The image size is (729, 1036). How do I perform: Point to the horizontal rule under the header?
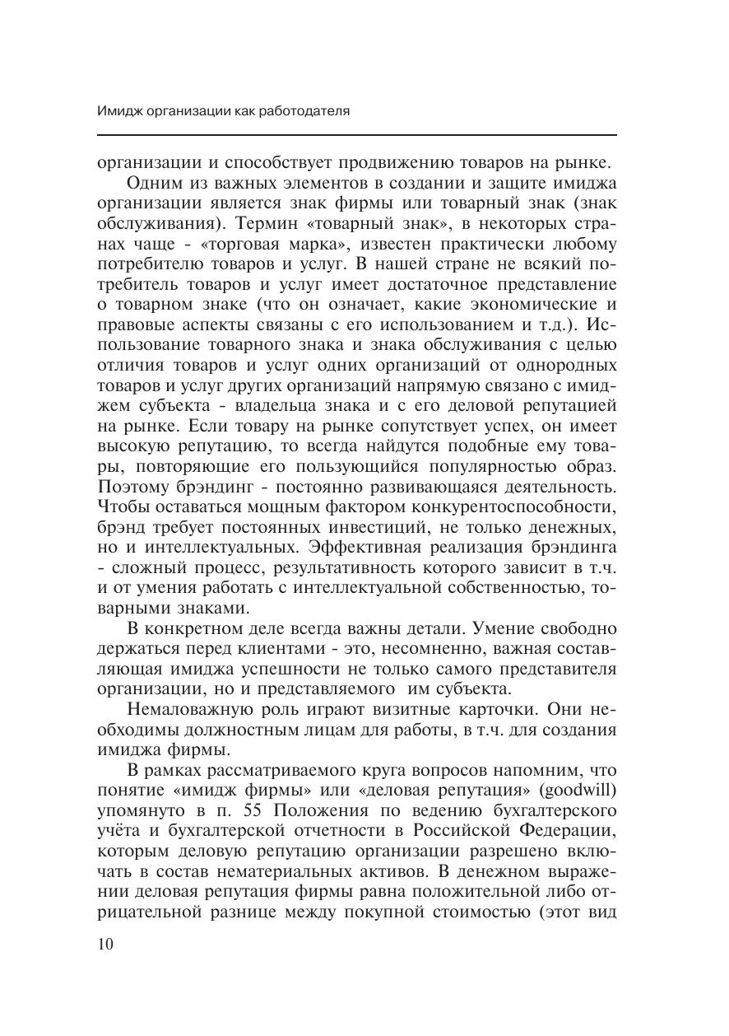click(x=356, y=135)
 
